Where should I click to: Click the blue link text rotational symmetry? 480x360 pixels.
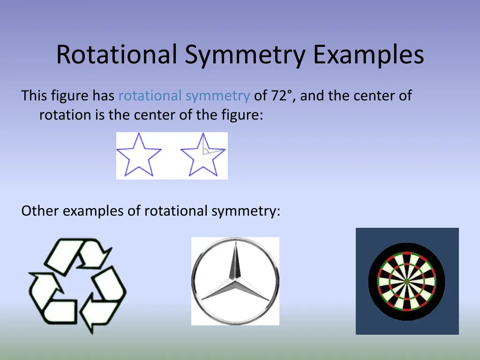coord(184,96)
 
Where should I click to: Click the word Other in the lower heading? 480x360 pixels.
coord(40,211)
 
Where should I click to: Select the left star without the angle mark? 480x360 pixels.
coord(139,155)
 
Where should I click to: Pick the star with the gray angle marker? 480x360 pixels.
coord(203,155)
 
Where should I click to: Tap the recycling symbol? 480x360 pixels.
coord(77,285)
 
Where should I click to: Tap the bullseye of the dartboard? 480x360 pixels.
coord(407,281)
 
